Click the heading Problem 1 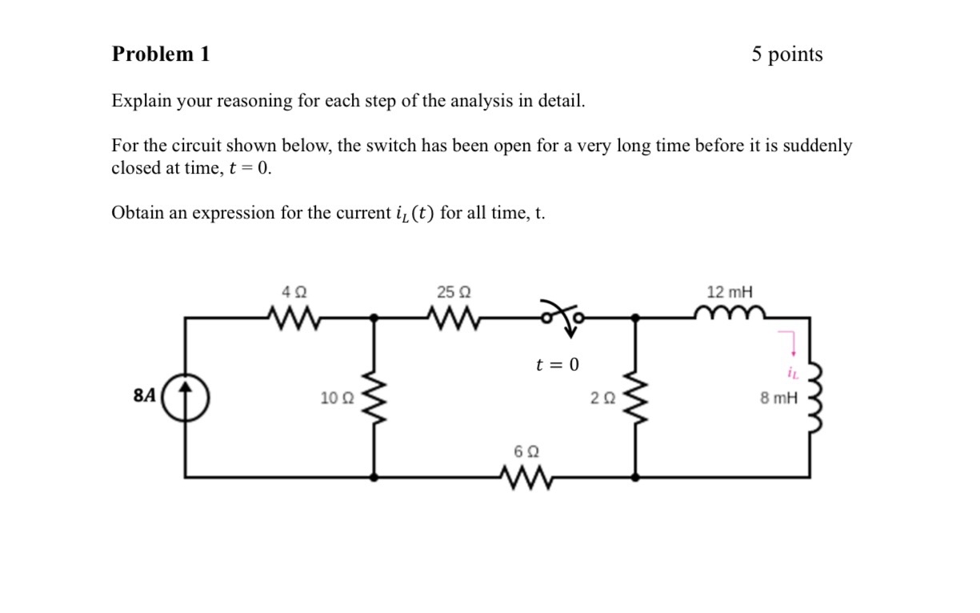click(x=161, y=54)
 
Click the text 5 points click(x=786, y=54)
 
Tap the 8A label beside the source click(x=144, y=396)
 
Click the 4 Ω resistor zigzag click(x=294, y=319)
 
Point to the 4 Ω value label click(x=294, y=292)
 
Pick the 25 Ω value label click(x=454, y=292)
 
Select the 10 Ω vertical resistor click(x=374, y=397)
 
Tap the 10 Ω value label click(x=334, y=398)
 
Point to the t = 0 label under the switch click(x=557, y=365)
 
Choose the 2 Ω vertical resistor click(x=635, y=397)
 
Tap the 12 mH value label click(x=730, y=292)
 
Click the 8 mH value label click(x=778, y=398)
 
